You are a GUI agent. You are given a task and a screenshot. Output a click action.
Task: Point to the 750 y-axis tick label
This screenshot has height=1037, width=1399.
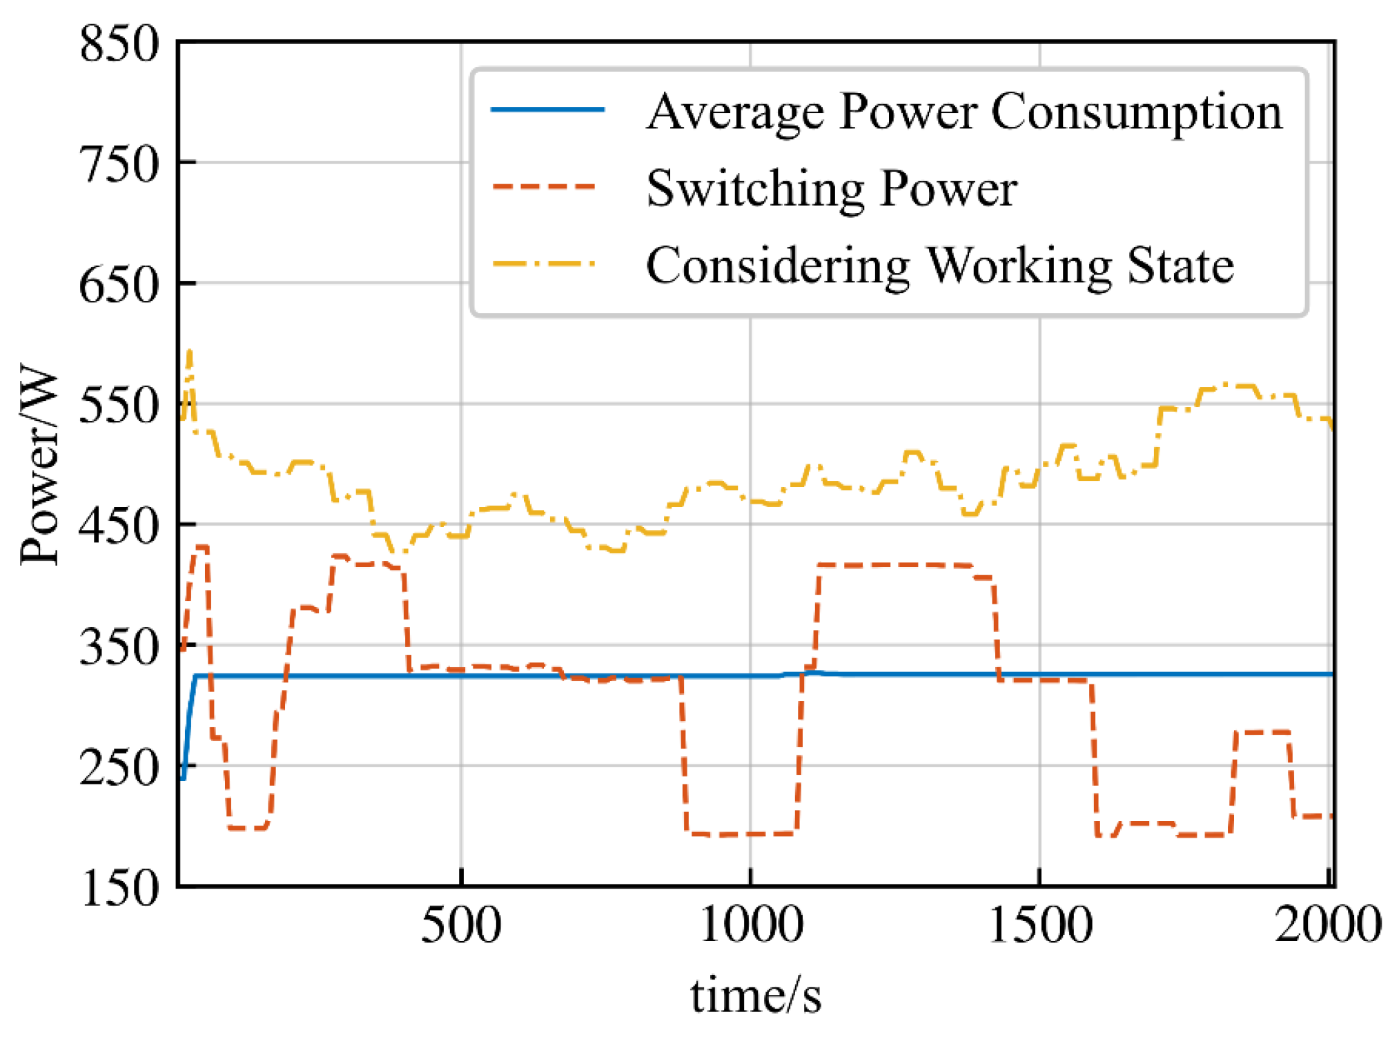[119, 165]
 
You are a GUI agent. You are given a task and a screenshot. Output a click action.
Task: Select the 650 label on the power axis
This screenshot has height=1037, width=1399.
[119, 285]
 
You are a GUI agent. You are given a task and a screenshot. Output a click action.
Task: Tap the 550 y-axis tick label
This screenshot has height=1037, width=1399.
[119, 406]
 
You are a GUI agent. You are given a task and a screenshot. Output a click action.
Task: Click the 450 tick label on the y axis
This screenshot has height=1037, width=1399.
[119, 526]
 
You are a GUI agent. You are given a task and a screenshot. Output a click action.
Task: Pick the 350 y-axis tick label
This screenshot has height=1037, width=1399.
[119, 647]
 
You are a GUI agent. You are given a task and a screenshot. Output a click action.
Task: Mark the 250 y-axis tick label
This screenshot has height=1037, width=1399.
[119, 768]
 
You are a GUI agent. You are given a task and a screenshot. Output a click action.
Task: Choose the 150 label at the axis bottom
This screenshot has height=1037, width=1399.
[119, 888]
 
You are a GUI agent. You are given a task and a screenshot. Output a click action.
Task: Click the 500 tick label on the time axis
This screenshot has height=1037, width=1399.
[460, 925]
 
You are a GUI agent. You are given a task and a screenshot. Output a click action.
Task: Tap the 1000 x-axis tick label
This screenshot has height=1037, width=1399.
[750, 925]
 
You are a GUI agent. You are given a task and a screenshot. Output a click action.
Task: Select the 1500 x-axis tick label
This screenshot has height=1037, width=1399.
[1040, 925]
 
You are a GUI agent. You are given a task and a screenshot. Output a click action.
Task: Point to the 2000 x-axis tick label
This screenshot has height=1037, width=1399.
[1327, 925]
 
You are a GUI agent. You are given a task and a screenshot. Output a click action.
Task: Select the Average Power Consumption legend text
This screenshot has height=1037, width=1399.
[963, 112]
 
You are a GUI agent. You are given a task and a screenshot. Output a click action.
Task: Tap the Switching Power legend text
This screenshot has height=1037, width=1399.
[831, 188]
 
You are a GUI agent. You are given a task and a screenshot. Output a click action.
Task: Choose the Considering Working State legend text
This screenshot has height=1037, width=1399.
[939, 266]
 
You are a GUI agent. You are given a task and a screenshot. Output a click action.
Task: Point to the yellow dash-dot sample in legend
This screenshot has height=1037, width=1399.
[545, 264]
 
